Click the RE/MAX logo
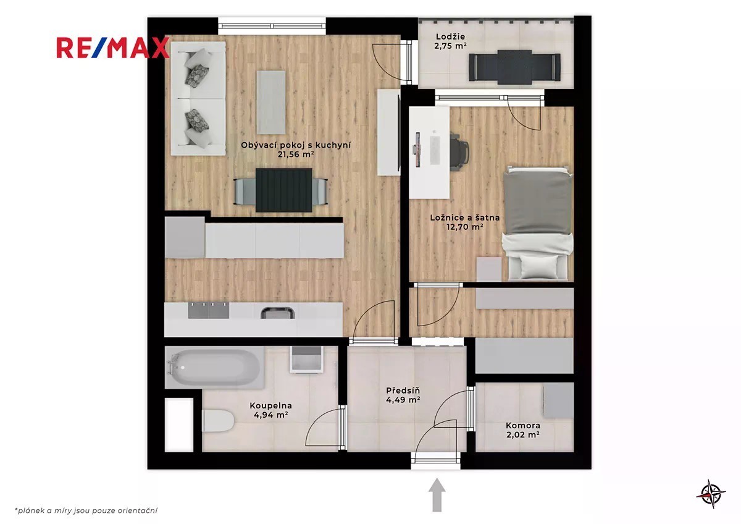coord(113,48)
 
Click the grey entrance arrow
coord(437,494)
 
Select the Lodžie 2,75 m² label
coord(450,41)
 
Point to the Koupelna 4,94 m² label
coord(270,410)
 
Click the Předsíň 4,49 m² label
coord(403,395)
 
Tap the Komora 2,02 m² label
coord(522,430)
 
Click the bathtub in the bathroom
coord(215,368)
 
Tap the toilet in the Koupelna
coord(218,420)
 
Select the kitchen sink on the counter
coord(277,313)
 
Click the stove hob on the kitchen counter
coord(209,310)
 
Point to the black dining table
coord(284,190)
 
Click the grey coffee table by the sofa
coord(271,102)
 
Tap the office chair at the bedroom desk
coord(459,151)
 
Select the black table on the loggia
coord(514,67)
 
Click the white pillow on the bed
coord(538,266)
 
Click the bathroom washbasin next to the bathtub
coord(306,359)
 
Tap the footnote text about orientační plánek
coord(86,510)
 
